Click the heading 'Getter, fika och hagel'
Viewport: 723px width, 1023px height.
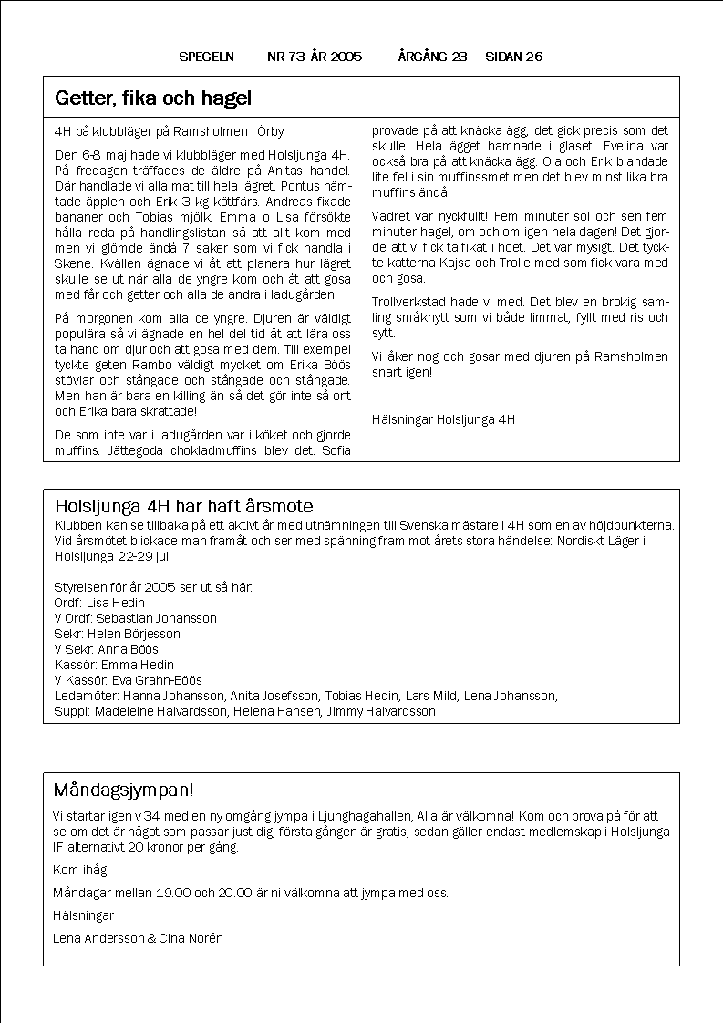click(x=153, y=98)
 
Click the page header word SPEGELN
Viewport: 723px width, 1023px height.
click(x=207, y=57)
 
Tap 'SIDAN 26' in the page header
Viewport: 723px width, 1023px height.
click(x=513, y=57)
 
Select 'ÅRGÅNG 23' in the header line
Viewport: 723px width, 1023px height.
click(x=432, y=57)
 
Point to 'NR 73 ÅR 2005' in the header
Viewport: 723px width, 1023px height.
click(x=315, y=57)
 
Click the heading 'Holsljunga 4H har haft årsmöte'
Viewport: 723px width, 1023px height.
click(x=184, y=506)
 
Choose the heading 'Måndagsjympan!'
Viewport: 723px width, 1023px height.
click(x=123, y=789)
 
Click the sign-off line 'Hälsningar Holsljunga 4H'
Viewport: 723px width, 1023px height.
click(x=443, y=420)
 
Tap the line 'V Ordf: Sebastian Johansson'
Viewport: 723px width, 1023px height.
click(x=136, y=618)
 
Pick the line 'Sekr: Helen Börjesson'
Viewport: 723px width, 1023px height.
click(x=118, y=634)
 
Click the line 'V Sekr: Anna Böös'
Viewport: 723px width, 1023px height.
click(x=107, y=649)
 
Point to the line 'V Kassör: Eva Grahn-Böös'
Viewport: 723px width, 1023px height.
click(x=129, y=680)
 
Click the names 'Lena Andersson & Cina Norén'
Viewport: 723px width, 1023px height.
click(x=138, y=938)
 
